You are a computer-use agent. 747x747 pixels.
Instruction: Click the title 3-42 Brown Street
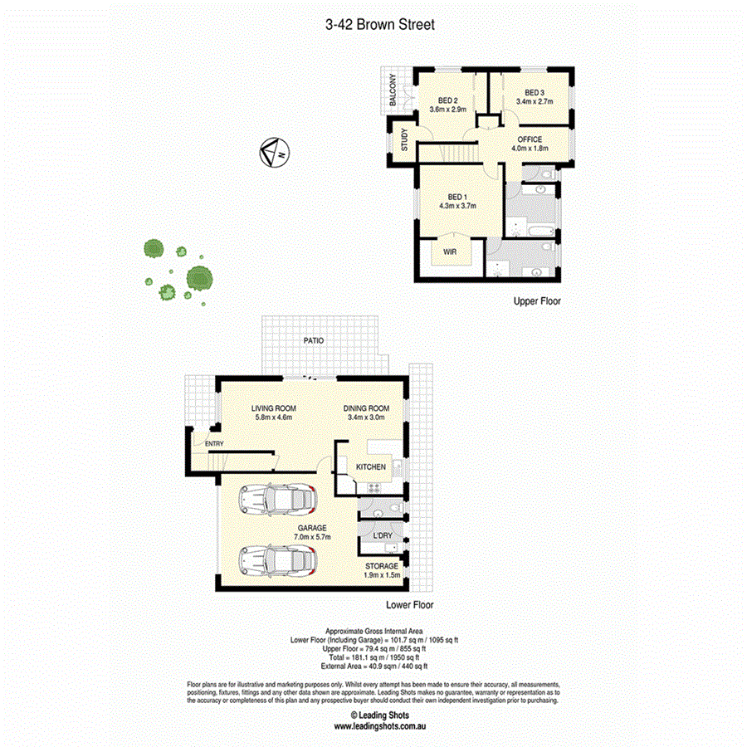(x=380, y=25)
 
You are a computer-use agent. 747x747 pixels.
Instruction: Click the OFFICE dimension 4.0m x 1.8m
(x=530, y=149)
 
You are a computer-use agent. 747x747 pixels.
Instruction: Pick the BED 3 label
(x=535, y=92)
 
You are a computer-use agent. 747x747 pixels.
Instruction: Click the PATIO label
(x=313, y=340)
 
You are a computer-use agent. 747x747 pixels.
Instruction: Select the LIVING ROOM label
(x=274, y=408)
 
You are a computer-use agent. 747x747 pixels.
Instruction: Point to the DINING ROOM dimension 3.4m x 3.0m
(x=367, y=418)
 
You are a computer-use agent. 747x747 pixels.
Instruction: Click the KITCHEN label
(x=371, y=467)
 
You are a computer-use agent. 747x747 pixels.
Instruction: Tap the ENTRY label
(x=214, y=444)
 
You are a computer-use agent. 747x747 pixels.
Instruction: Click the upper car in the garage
(x=277, y=501)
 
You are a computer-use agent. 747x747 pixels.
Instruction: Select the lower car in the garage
(x=277, y=561)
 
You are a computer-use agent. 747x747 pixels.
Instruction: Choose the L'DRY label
(x=383, y=535)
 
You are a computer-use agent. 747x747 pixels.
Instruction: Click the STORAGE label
(x=383, y=566)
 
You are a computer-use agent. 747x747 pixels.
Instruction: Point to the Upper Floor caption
(x=536, y=301)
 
